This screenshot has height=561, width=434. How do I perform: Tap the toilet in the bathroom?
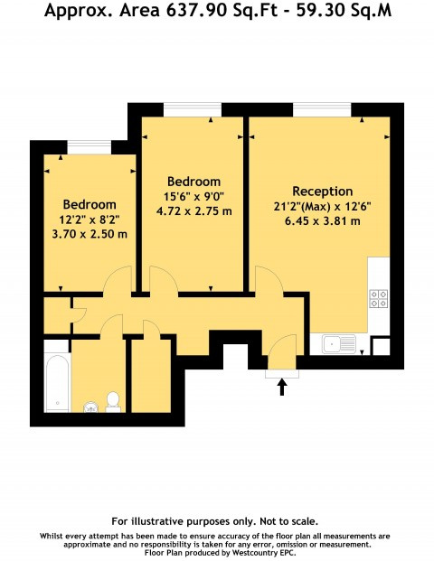(x=113, y=400)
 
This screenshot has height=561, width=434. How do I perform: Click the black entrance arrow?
(x=281, y=387)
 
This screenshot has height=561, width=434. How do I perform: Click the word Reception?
(x=322, y=192)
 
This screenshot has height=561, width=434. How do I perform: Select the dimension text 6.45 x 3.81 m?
(x=323, y=220)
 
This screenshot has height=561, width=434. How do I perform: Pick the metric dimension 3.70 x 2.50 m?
(x=89, y=234)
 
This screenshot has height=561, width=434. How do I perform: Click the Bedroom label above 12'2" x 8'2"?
(x=89, y=204)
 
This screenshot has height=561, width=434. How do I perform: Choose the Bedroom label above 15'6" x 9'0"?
(x=193, y=182)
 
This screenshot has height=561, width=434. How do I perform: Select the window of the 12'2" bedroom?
(x=89, y=145)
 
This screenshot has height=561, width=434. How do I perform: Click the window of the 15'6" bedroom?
(x=192, y=108)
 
